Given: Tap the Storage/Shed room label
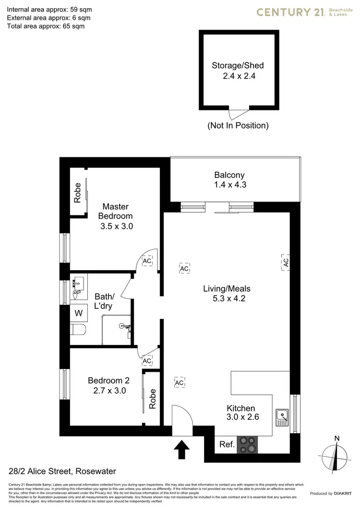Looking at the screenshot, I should coord(238,66).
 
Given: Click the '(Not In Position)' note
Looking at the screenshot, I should coord(238,126).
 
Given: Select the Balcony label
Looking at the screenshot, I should coord(229,176).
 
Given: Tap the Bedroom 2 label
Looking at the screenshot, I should coord(108,380).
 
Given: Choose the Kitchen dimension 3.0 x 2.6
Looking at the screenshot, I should coord(243,417).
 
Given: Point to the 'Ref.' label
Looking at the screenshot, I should coord(227,445).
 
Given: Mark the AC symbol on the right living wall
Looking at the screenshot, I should coord(285,262).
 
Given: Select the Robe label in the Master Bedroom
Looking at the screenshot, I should coord(77,193).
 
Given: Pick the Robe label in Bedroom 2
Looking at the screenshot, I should coord(153,398).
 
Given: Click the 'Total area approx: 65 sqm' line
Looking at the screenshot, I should coord(46,26).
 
